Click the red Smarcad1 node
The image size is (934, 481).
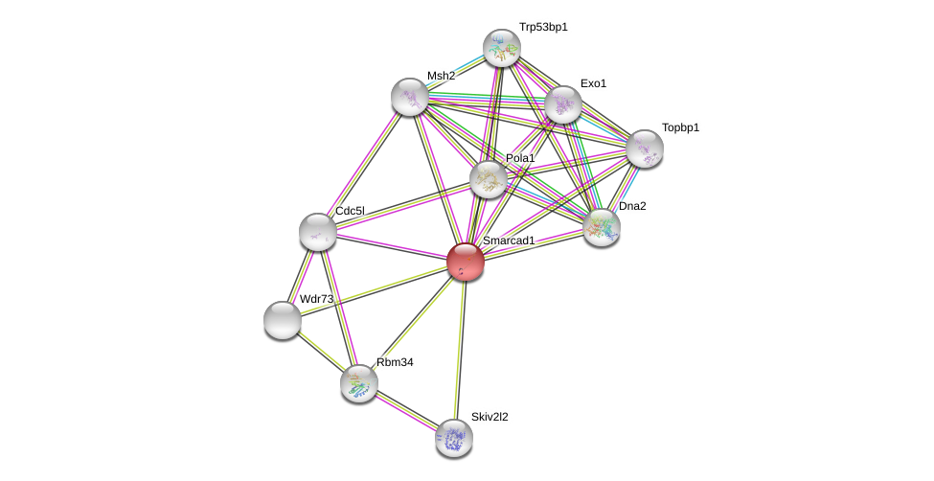[x=466, y=261]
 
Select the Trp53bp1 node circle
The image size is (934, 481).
[x=501, y=48]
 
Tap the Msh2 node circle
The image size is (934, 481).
[x=410, y=97]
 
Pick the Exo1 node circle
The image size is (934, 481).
[x=563, y=104]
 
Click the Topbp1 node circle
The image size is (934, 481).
[x=645, y=149]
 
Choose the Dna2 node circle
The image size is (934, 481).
[x=602, y=227]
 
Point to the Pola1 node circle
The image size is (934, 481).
[x=489, y=178]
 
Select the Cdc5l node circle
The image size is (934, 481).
[x=317, y=232]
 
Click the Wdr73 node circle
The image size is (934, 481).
[x=283, y=320]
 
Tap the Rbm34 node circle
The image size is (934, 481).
[x=359, y=383]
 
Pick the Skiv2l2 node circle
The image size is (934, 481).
[x=454, y=438]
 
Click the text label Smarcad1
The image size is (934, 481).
[x=509, y=240]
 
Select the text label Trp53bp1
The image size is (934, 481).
[x=543, y=28]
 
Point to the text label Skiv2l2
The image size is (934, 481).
[x=490, y=417]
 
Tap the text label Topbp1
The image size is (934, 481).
[x=680, y=127]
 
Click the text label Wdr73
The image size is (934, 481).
[x=316, y=299]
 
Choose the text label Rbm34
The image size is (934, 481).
[x=395, y=362]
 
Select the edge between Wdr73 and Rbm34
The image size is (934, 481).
[x=321, y=352]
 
